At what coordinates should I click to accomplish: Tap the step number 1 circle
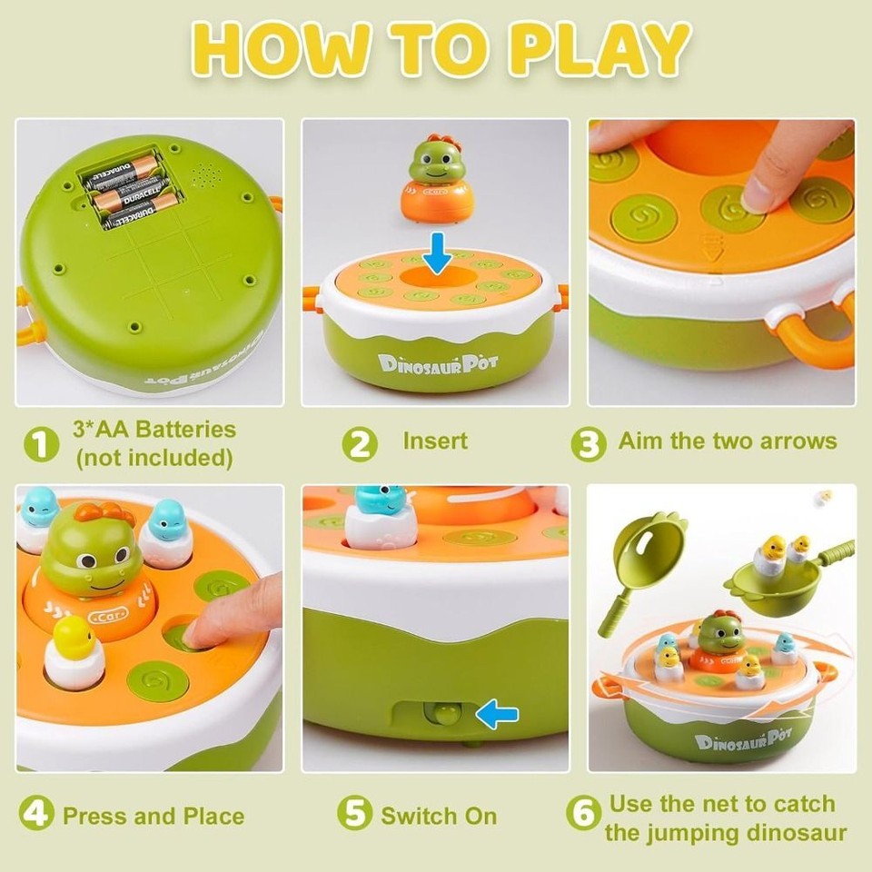pyautogui.click(x=39, y=445)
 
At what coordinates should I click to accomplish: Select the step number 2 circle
pyautogui.click(x=360, y=445)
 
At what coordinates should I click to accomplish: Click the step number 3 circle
pyautogui.click(x=589, y=445)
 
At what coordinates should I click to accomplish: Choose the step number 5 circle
pyautogui.click(x=354, y=813)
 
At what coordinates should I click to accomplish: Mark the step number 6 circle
pyautogui.click(x=583, y=813)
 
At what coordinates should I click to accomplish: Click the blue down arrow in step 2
pyautogui.click(x=437, y=253)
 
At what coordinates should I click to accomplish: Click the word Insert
pyautogui.click(x=435, y=441)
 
